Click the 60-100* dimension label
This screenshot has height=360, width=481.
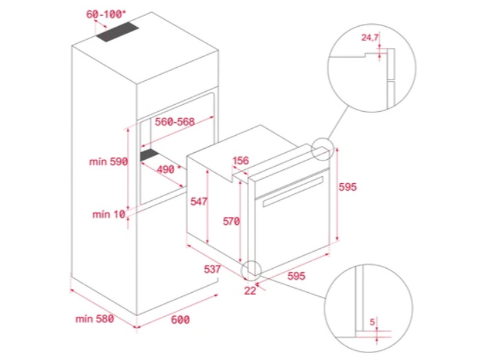(106, 14)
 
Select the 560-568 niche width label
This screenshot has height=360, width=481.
(174, 122)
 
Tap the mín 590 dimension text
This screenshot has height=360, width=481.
(108, 161)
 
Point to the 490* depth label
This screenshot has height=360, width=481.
(167, 169)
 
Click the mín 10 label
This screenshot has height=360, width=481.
(109, 214)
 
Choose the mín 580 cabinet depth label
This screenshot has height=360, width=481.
(95, 319)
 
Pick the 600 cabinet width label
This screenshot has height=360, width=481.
(180, 320)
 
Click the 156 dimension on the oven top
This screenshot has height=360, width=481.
(241, 160)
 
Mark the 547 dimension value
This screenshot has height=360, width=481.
(199, 202)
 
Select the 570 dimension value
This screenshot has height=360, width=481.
(231, 221)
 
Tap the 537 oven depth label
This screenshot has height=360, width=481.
(212, 269)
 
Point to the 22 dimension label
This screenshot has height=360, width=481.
(250, 290)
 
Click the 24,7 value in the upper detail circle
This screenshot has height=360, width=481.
(370, 38)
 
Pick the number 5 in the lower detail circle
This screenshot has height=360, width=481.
(372, 322)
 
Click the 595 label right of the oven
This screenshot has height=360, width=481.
(348, 187)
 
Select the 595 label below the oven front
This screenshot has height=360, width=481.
(296, 276)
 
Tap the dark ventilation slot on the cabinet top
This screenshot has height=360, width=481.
(117, 32)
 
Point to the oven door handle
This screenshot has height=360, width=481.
(293, 191)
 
